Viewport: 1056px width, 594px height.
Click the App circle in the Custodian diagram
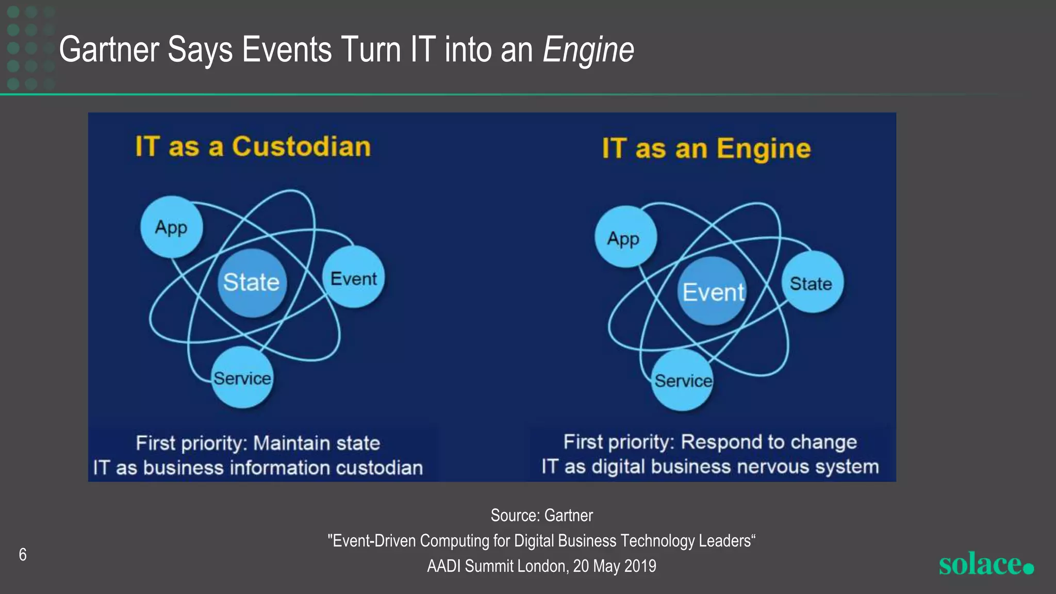[171, 227]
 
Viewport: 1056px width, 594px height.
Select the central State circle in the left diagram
[251, 282]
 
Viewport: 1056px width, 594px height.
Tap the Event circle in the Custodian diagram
[354, 278]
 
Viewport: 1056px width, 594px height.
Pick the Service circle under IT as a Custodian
[242, 377]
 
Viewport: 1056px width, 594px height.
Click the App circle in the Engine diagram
[625, 238]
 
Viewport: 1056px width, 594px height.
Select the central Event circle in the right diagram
[713, 291]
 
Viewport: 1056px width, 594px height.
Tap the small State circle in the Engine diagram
[812, 283]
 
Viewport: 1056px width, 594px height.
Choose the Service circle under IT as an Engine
[683, 380]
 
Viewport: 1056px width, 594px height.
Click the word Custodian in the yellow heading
[301, 146]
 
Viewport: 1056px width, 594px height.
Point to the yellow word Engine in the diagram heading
[763, 149]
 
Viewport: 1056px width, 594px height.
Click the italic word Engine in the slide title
[588, 50]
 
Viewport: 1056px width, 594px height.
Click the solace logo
[985, 564]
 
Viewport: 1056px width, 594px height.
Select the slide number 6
[23, 554]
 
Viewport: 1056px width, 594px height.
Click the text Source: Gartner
[541, 515]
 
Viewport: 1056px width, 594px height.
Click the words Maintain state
[317, 443]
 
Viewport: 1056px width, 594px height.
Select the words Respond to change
[768, 442]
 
